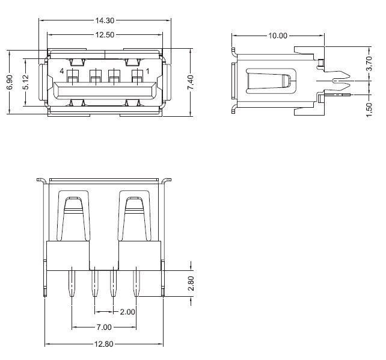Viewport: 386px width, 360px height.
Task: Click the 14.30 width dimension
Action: click(x=105, y=20)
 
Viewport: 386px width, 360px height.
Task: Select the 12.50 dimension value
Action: click(x=105, y=35)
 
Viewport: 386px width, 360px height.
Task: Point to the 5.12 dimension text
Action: click(x=25, y=82)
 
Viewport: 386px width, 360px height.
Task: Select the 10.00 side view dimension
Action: click(x=277, y=36)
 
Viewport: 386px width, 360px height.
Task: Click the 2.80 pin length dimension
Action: click(x=191, y=284)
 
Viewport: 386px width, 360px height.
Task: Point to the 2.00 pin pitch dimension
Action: click(x=127, y=312)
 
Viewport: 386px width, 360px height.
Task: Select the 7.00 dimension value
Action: click(x=104, y=327)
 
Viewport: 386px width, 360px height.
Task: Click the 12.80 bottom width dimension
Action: click(x=104, y=344)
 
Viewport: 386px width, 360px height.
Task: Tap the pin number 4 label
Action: click(x=62, y=72)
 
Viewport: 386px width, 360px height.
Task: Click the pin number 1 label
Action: click(x=148, y=72)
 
